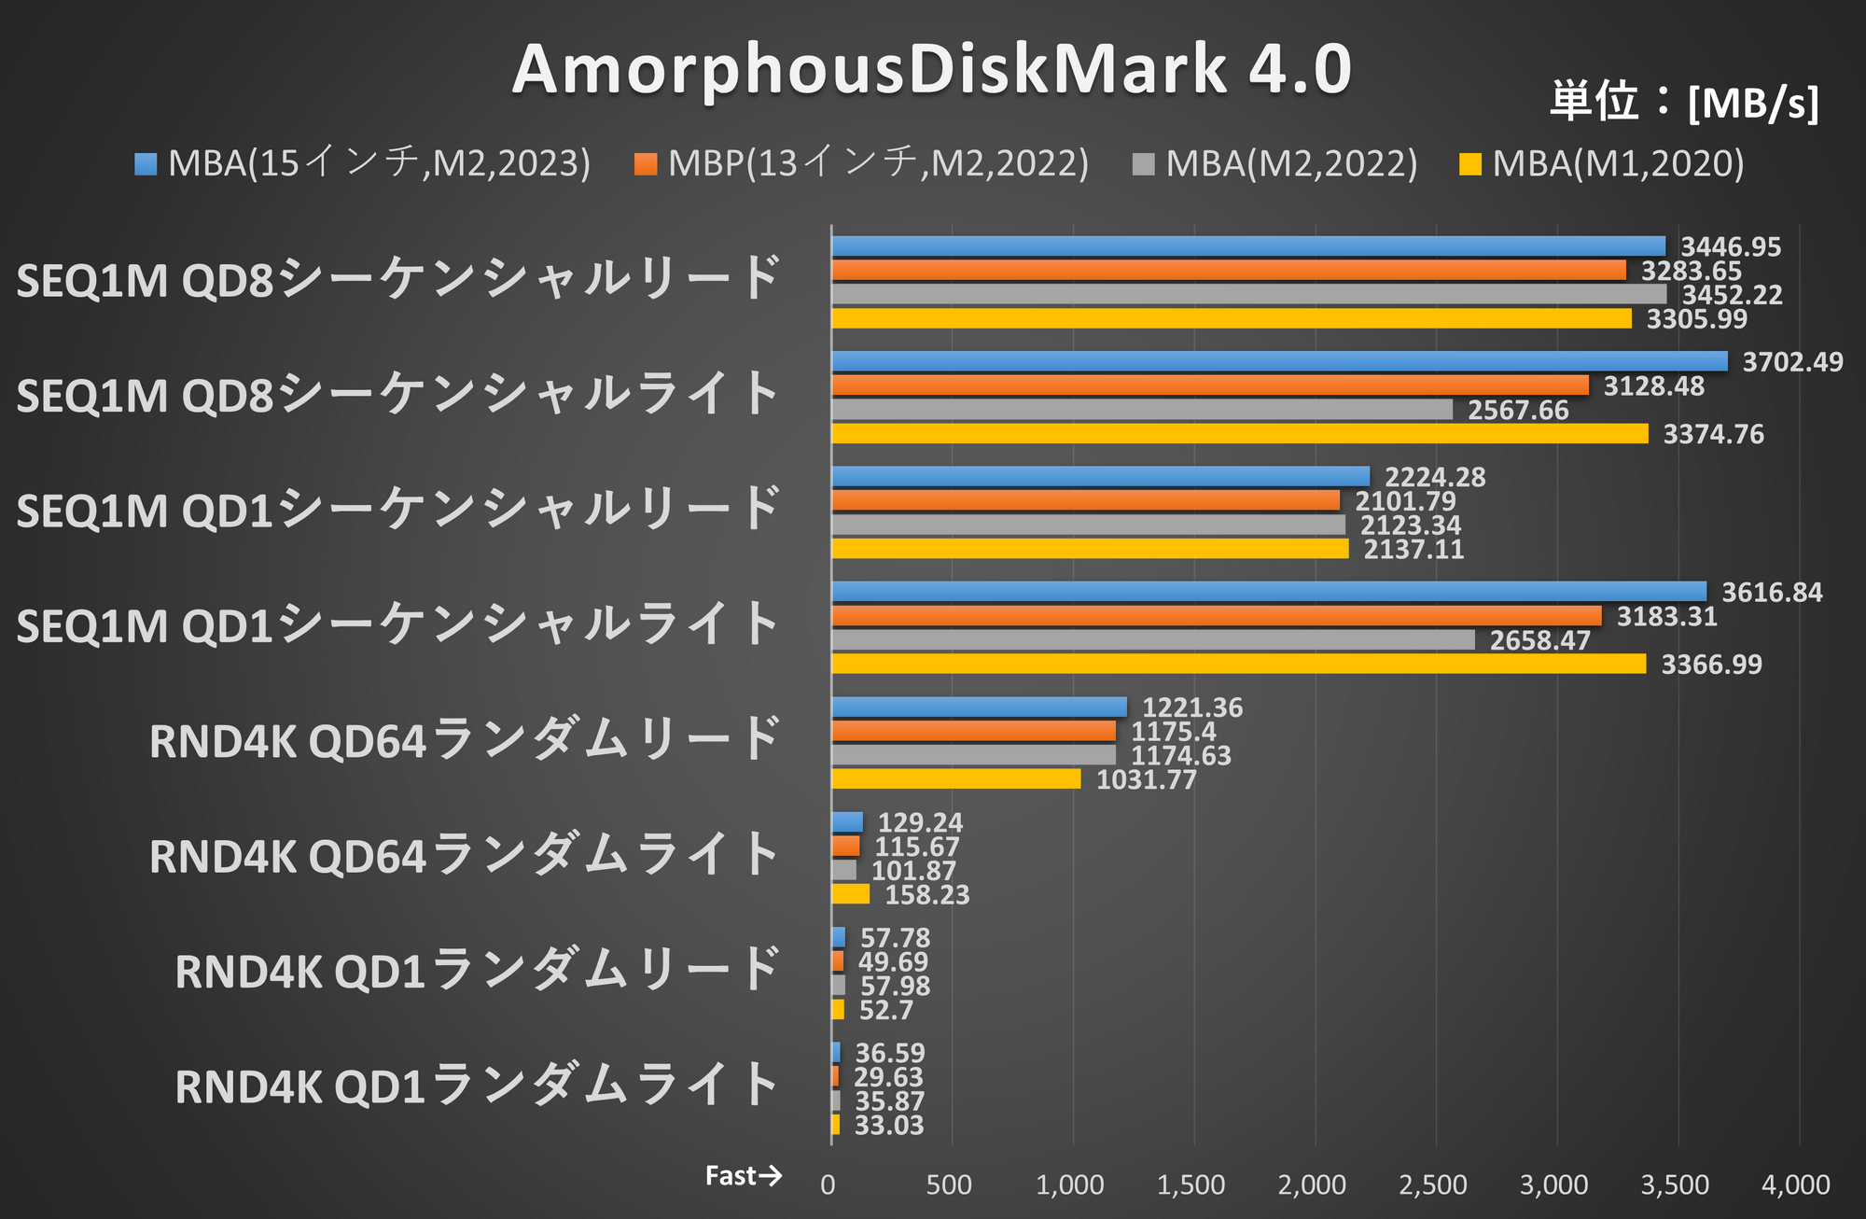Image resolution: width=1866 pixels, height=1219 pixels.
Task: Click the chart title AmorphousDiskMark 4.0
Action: pos(931,69)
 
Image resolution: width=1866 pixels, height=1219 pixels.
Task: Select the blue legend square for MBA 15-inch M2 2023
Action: pos(146,164)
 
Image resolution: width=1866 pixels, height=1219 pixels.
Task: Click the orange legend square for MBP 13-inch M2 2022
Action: pos(646,164)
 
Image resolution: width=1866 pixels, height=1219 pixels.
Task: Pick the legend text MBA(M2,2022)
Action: pos(1291,164)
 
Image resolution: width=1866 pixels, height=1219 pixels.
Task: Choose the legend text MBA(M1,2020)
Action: pos(1618,164)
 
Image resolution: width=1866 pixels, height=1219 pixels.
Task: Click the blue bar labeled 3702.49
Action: pos(1278,362)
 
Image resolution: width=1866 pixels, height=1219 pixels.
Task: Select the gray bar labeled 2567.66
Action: pos(1141,410)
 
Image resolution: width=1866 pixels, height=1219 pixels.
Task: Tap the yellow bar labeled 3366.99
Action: pos(1238,664)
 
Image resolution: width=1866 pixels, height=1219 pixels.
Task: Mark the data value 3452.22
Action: pos(1732,295)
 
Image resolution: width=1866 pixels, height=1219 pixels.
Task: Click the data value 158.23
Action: pos(926,895)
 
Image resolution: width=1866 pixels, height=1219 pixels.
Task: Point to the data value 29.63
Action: pos(888,1077)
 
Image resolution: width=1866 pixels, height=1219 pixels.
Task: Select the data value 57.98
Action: pos(895,986)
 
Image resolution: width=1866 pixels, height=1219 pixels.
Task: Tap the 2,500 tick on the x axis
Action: pos(1433,1185)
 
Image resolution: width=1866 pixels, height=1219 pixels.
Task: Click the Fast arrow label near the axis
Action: pos(744,1176)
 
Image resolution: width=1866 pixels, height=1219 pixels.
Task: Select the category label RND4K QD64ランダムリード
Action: pos(465,741)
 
